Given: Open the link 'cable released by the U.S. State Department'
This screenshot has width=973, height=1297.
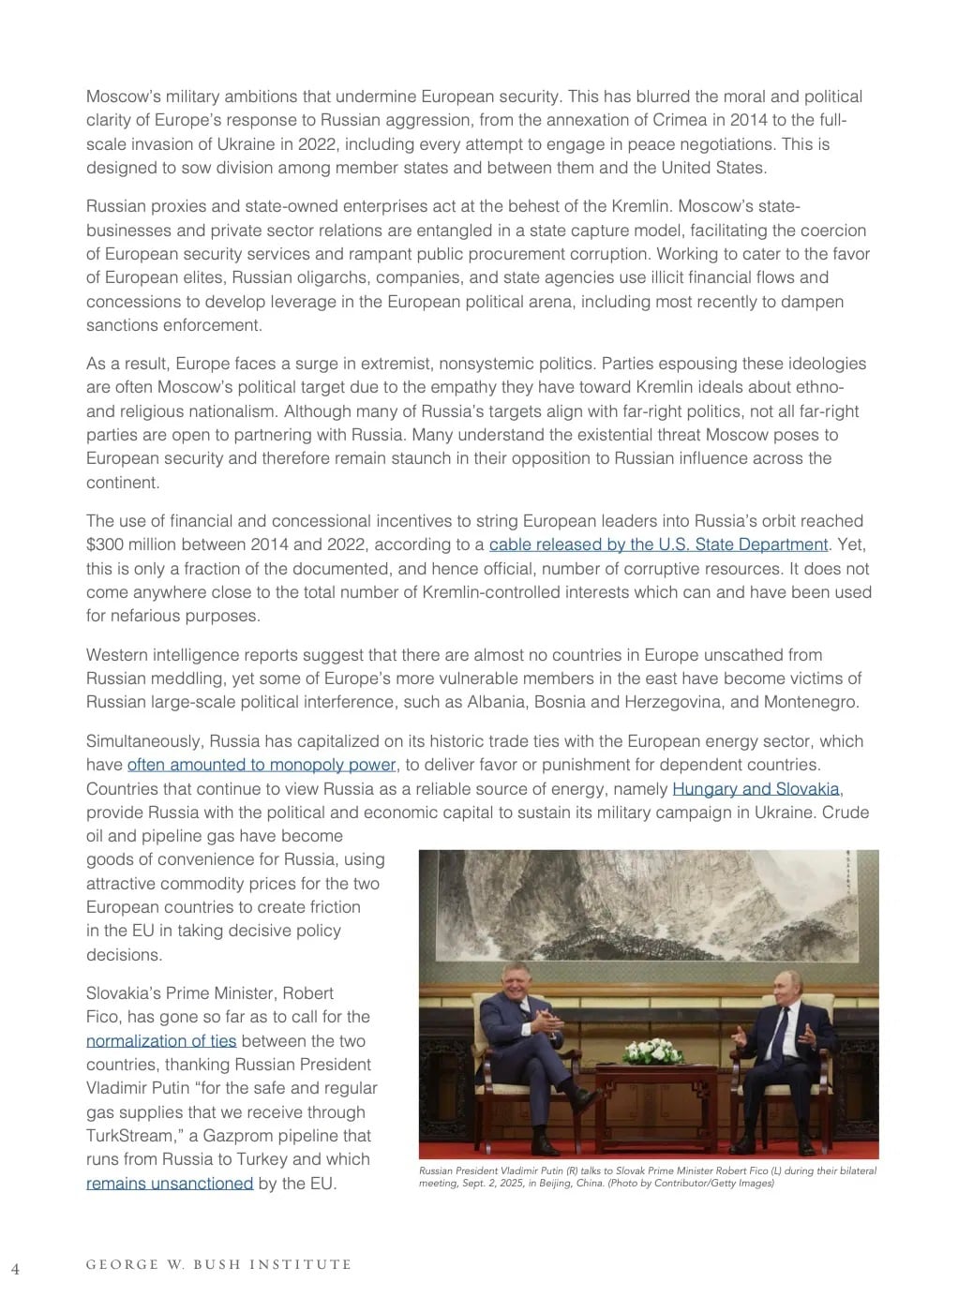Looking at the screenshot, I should (x=658, y=544).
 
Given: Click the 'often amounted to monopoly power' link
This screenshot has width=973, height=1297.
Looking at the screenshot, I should (x=262, y=765).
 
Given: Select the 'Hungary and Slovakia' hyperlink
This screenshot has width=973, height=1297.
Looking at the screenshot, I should (x=756, y=788).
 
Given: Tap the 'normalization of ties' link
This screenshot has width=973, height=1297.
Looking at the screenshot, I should (x=161, y=1040).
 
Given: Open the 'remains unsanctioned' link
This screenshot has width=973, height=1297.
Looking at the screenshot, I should (x=170, y=1183).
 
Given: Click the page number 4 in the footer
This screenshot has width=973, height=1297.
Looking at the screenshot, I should (x=15, y=1269).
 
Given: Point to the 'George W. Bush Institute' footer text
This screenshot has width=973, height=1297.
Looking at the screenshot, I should (x=218, y=1264).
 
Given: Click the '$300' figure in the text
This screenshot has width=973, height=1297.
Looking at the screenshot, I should (x=105, y=544).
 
